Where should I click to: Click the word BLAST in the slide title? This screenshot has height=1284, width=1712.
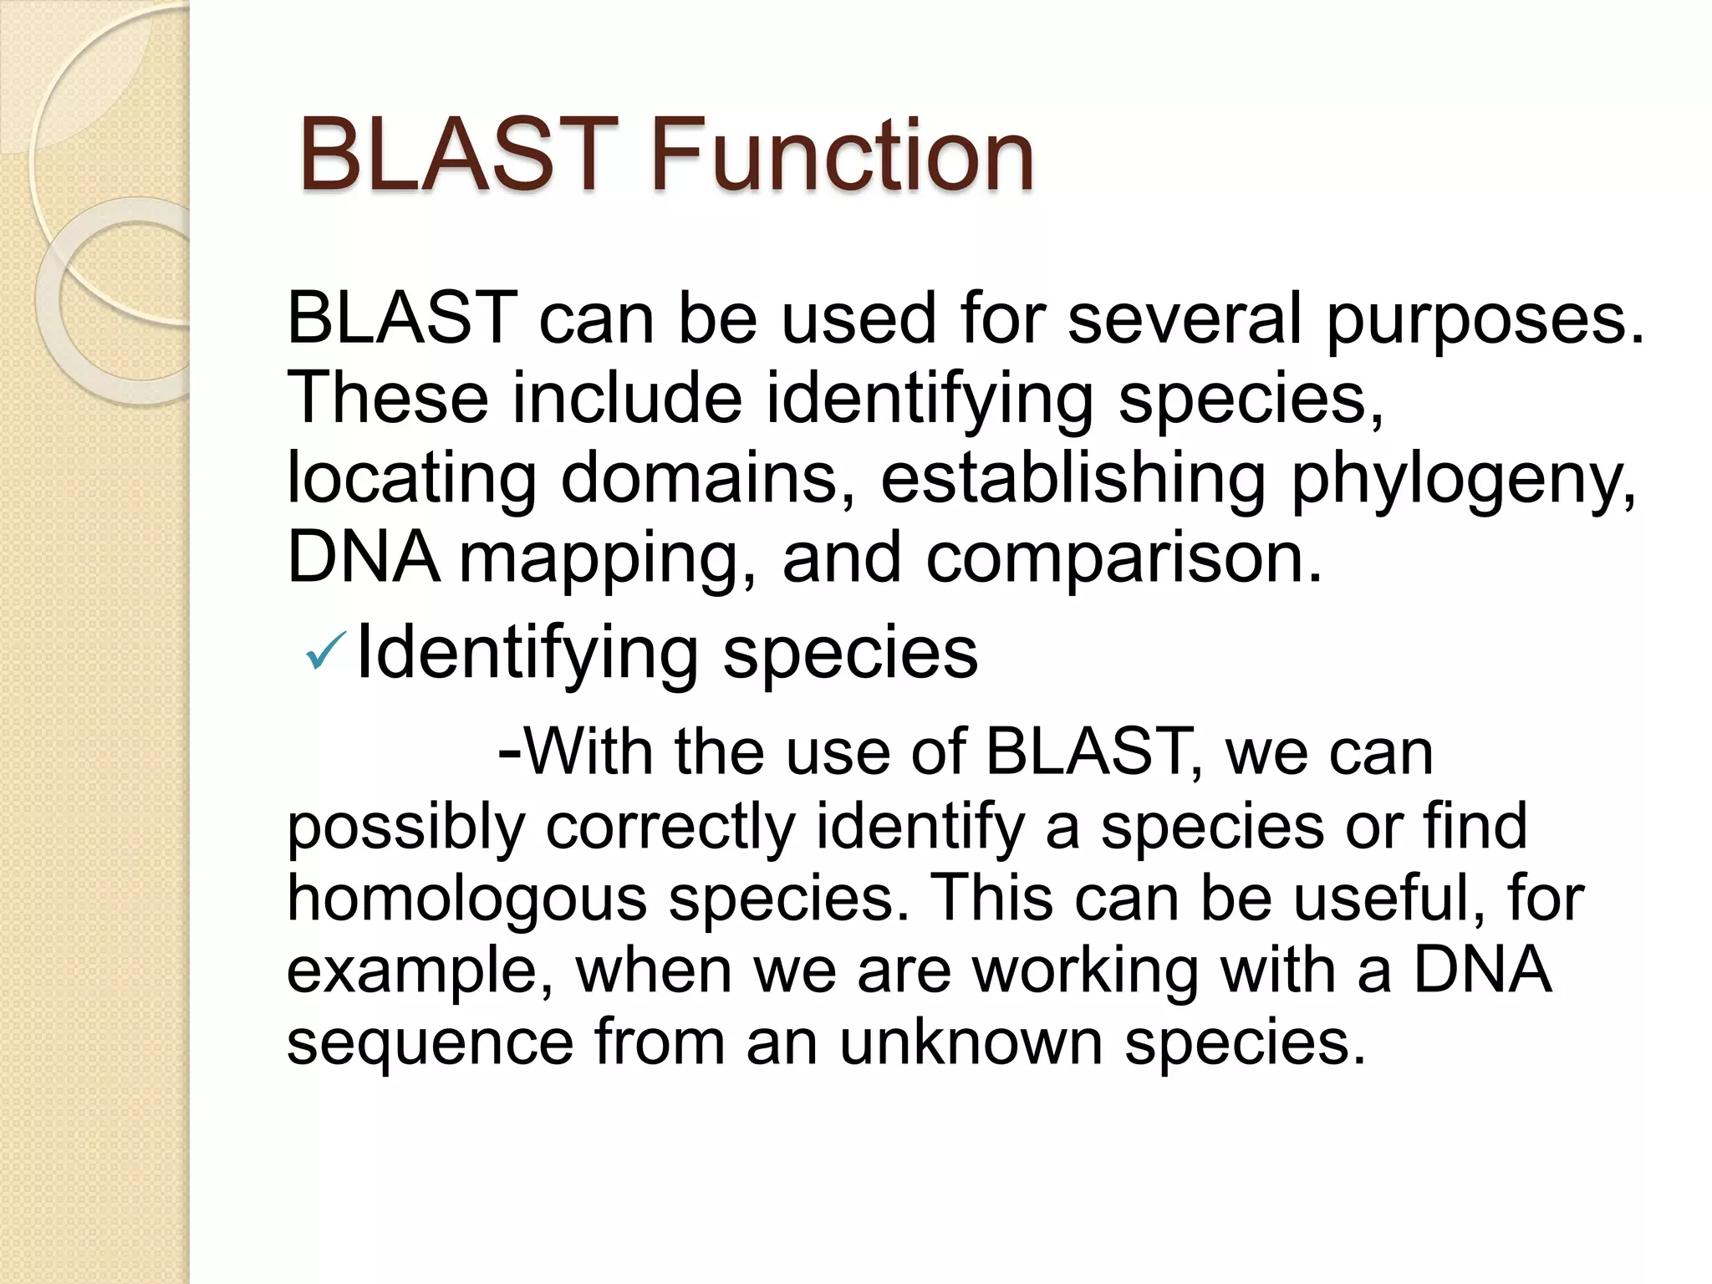pyautogui.click(x=458, y=155)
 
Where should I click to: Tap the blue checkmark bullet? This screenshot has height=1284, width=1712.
pyautogui.click(x=325, y=651)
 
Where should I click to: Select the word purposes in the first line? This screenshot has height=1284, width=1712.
pyautogui.click(x=1485, y=320)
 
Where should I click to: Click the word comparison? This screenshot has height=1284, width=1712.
pyautogui.click(x=1124, y=558)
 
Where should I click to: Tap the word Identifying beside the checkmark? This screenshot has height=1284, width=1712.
pyautogui.click(x=527, y=655)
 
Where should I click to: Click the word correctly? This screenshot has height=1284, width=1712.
pyautogui.click(x=670, y=828)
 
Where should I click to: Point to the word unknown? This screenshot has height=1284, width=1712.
pyautogui.click(x=971, y=1042)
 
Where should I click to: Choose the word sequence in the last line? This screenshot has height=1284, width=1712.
pyautogui.click(x=430, y=1044)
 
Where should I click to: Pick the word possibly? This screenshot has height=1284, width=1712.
pyautogui.click(x=405, y=828)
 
